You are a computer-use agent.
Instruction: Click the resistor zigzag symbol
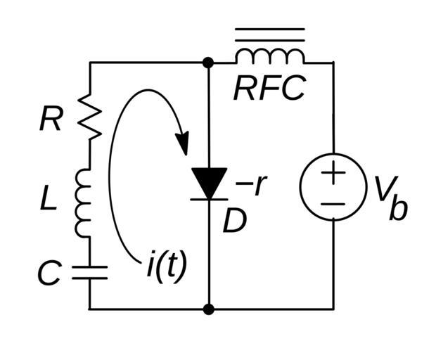[x=90, y=115]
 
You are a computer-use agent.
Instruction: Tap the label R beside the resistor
[x=50, y=120]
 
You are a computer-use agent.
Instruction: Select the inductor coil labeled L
[x=84, y=203]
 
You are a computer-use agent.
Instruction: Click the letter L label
[x=47, y=201]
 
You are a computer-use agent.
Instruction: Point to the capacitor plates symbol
[x=90, y=273]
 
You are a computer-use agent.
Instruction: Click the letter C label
[x=49, y=274]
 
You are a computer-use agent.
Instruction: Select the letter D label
[x=235, y=222]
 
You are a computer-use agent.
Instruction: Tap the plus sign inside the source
[x=333, y=173]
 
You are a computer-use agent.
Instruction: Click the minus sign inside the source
[x=333, y=204]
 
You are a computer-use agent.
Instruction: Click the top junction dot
[x=208, y=63]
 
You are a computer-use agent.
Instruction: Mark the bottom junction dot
[x=208, y=309]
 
